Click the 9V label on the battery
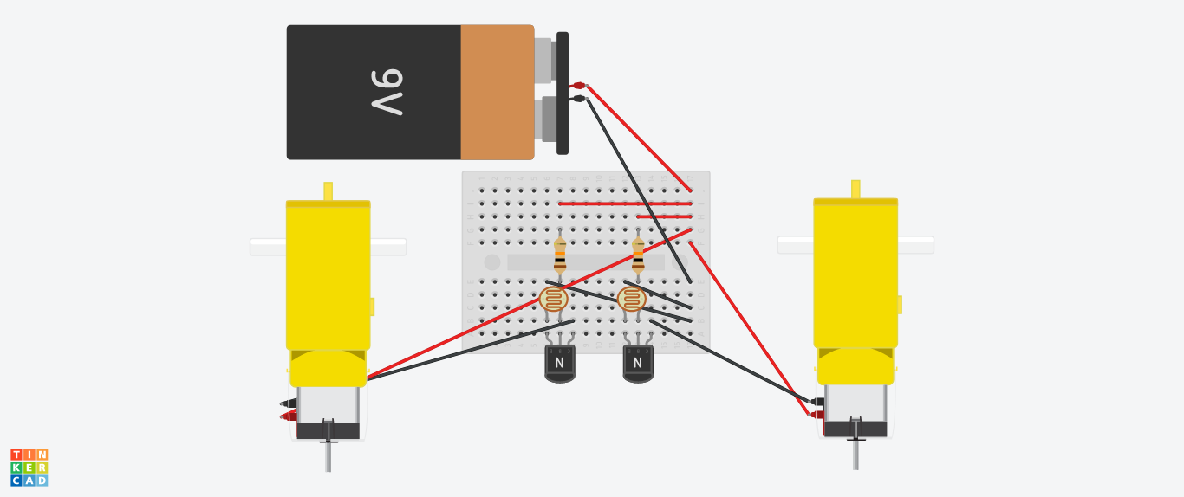pos(387,92)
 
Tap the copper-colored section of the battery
pos(497,92)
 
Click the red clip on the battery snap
pos(579,85)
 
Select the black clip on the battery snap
pos(579,99)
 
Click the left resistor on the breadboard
pos(560,255)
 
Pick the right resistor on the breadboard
pos(638,255)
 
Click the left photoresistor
pos(553,300)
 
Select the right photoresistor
pos(631,300)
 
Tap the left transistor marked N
pos(560,363)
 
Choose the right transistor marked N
pos(638,363)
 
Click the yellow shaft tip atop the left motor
pos(328,190)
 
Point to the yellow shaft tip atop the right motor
pos(855,189)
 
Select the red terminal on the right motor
pos(816,415)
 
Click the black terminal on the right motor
pos(816,401)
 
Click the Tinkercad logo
pos(29,468)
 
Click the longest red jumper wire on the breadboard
pos(624,203)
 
